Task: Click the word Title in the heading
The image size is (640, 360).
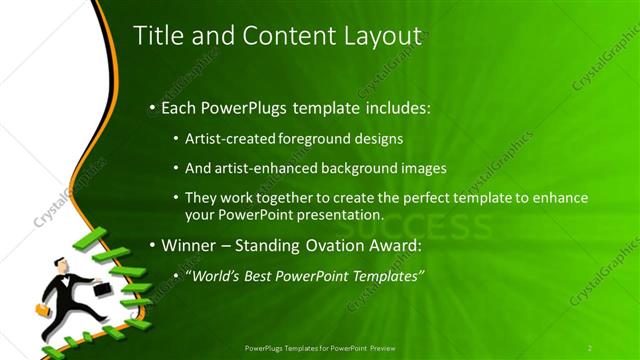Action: pyautogui.click(x=156, y=36)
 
